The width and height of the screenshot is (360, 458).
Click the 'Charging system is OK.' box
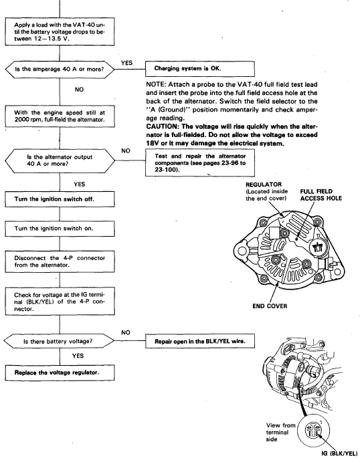tap(200, 69)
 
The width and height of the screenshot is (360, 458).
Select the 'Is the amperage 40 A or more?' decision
tap(60, 70)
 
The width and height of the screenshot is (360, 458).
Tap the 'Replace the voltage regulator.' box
tap(60, 372)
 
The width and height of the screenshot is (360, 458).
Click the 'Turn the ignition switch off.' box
tap(60, 199)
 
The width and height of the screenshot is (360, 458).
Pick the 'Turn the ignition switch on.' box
tap(60, 229)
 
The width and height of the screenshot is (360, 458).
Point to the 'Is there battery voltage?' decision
tap(59, 341)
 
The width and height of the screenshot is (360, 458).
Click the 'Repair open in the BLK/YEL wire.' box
tap(200, 341)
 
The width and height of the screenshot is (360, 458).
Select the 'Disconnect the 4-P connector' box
tap(60, 261)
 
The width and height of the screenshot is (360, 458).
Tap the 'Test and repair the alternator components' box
tap(200, 162)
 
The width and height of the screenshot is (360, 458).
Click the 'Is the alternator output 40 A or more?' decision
tap(60, 160)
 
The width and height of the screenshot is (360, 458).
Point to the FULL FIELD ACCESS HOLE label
tap(321, 195)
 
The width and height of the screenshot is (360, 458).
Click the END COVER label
tap(270, 306)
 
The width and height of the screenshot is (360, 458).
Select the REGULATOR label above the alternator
tap(264, 185)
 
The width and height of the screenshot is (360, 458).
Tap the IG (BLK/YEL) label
tap(339, 453)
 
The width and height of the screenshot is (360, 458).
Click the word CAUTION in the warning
tap(159, 126)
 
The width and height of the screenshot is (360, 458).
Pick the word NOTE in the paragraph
tap(156, 84)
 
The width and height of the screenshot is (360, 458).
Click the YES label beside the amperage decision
tap(126, 63)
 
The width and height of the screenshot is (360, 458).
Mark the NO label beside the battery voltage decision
tap(125, 333)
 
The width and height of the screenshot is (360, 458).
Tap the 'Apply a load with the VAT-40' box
tap(60, 32)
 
